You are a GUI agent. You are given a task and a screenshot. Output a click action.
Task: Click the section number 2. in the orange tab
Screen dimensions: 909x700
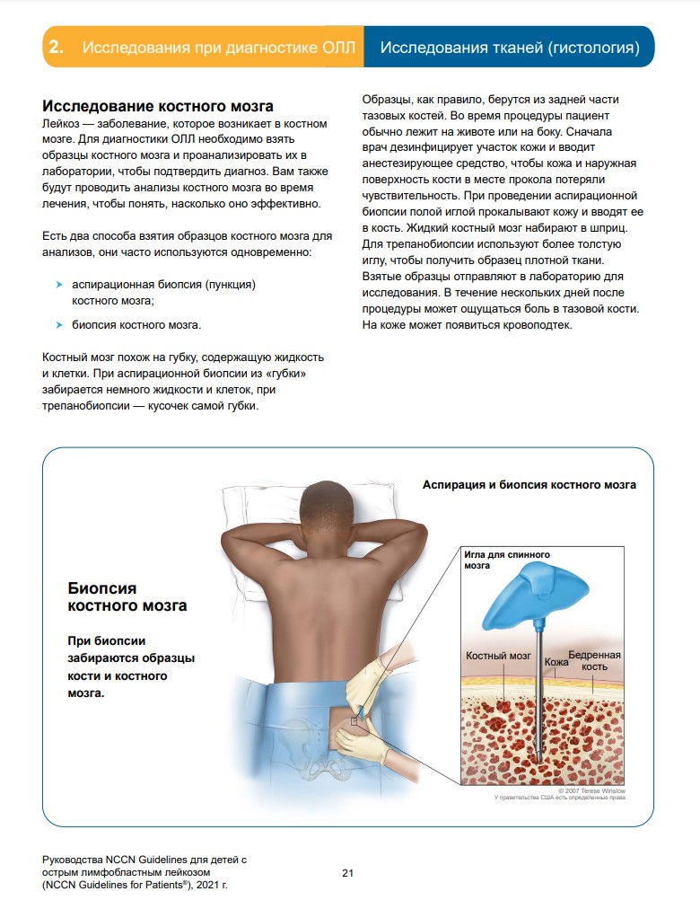[x=56, y=48]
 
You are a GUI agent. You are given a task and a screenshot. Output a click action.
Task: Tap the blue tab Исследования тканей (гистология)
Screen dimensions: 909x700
[x=509, y=48]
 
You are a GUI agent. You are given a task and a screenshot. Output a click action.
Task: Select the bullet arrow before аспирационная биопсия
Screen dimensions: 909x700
[x=59, y=285]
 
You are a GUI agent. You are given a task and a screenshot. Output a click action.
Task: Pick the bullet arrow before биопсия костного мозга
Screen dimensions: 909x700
[x=59, y=325]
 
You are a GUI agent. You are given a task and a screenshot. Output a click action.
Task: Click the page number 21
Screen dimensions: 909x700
[x=349, y=872]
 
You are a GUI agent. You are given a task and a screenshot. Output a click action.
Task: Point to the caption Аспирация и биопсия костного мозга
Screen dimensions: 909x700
[x=529, y=485]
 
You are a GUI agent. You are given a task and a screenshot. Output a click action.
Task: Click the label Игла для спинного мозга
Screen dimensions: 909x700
[x=506, y=560]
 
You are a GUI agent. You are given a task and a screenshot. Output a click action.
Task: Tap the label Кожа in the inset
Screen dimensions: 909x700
[x=556, y=662]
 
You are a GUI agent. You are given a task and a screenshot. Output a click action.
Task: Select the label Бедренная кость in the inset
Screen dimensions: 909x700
[x=594, y=661]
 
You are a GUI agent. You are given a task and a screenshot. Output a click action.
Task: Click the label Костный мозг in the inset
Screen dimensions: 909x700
[x=498, y=657]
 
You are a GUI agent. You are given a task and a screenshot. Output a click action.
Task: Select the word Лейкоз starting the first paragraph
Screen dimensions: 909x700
[x=60, y=123]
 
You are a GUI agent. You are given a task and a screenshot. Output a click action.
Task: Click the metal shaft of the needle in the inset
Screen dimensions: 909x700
[x=539, y=683]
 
